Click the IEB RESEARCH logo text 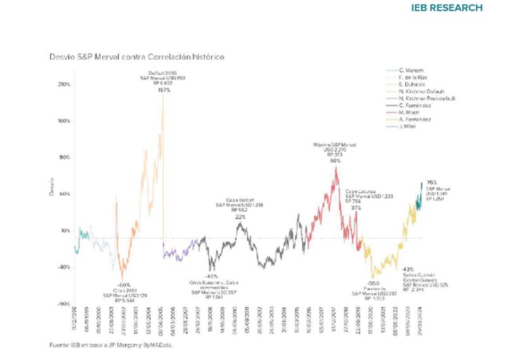(x=452, y=8)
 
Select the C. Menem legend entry (x=414, y=70)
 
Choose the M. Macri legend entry (x=412, y=112)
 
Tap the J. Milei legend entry (x=410, y=127)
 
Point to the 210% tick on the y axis (x=64, y=84)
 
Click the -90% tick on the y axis (x=64, y=304)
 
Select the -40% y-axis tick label (x=64, y=268)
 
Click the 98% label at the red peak (x=335, y=160)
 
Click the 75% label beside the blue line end (x=432, y=183)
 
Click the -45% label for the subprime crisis (x=212, y=276)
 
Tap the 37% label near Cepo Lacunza (x=356, y=208)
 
